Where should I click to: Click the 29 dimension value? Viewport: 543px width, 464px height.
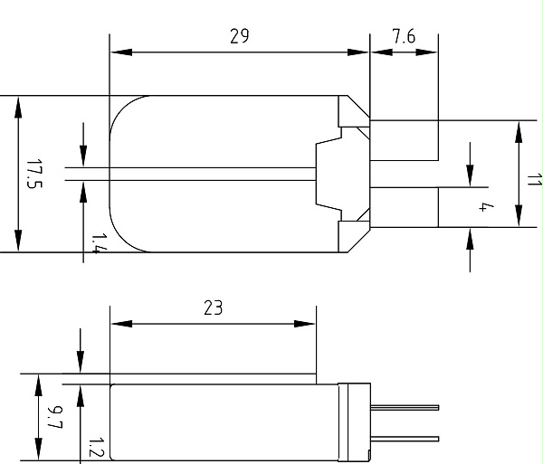(239, 36)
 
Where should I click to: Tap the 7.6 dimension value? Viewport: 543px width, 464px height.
(404, 36)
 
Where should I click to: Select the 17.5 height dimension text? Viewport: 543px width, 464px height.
(34, 174)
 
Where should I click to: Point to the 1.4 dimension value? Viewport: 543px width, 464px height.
(99, 243)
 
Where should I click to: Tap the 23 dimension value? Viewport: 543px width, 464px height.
(214, 308)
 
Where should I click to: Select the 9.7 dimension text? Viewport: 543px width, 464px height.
(55, 417)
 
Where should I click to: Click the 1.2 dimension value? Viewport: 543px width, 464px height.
(96, 448)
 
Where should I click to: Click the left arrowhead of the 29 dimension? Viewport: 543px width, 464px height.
(121, 52)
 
